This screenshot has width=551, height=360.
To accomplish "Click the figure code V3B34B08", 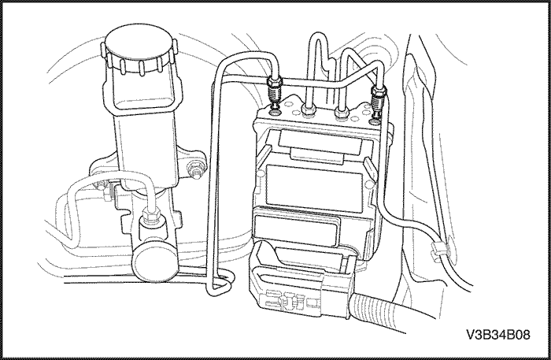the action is [x=498, y=334].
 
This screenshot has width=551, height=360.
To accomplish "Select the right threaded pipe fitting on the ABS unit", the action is [x=379, y=102].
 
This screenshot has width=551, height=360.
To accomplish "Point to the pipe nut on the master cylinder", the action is [x=150, y=215].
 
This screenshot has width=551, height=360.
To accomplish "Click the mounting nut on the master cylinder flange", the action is [x=194, y=169].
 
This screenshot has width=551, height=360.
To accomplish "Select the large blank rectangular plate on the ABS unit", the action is [x=315, y=188].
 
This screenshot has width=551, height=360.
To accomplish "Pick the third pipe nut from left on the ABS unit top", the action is [x=342, y=113].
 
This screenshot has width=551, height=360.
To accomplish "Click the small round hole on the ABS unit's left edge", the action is [x=261, y=174].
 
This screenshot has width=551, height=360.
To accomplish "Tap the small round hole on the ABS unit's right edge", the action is [x=368, y=184].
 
